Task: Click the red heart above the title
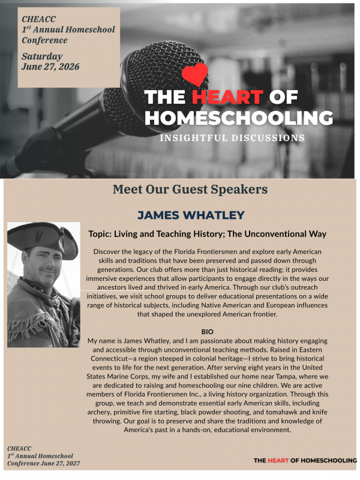tap(194, 74)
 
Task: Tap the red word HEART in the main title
tap(227, 97)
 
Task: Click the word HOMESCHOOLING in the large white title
tap(239, 117)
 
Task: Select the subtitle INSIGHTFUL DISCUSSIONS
tap(232, 138)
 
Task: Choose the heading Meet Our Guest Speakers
tap(190, 190)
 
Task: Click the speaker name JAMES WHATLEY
tap(190, 215)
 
